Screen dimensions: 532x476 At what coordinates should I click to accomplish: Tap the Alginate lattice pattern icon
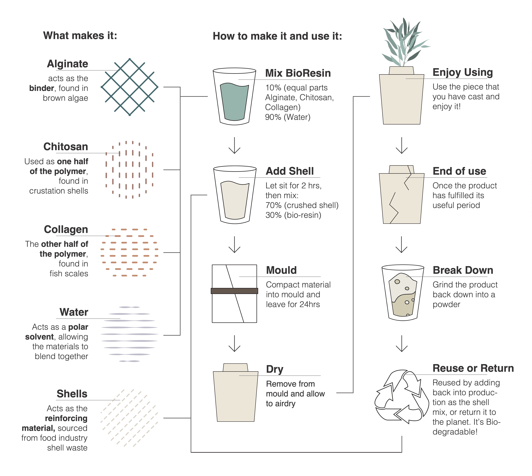(130, 87)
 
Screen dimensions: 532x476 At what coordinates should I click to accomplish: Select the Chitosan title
(66, 147)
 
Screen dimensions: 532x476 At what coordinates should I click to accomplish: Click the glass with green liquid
(234, 96)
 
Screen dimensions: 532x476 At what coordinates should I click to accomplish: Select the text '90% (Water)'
(288, 117)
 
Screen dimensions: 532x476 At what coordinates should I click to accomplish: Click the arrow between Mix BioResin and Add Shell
(234, 145)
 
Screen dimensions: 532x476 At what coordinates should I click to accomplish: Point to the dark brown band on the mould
(234, 291)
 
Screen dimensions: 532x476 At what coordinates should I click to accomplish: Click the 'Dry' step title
(275, 369)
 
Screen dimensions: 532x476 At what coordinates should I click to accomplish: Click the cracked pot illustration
(402, 195)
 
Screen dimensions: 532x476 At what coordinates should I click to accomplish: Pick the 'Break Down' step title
(463, 270)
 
